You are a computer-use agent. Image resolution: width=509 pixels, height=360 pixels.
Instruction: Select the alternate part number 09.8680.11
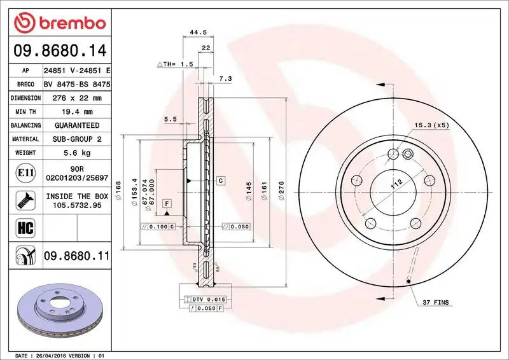(x=77, y=256)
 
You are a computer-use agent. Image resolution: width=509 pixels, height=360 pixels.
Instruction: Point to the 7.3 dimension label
(x=225, y=78)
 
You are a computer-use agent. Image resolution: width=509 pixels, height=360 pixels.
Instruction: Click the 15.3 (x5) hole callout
(x=432, y=125)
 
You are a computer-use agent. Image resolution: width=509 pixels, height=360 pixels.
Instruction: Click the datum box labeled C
(x=220, y=181)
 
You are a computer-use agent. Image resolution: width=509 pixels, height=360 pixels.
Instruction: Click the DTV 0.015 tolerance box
(x=205, y=299)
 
